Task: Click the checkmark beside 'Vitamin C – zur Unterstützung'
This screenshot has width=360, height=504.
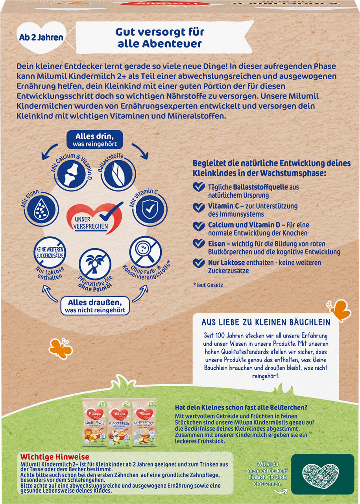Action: click(x=199, y=206)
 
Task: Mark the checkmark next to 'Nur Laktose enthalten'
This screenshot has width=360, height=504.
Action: click(x=199, y=263)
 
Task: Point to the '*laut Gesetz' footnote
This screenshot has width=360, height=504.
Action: click(x=208, y=285)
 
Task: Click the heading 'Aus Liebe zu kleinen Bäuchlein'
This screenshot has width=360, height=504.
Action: click(x=266, y=322)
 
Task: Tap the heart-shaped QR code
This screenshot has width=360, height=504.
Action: click(x=322, y=474)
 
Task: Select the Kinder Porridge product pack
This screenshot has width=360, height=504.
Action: click(x=144, y=422)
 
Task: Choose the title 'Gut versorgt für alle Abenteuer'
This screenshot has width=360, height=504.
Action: click(x=161, y=38)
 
